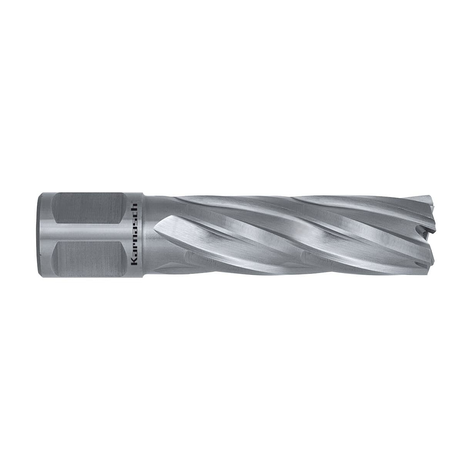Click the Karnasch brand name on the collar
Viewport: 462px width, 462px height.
(x=135, y=234)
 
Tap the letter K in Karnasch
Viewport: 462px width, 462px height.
(x=135, y=261)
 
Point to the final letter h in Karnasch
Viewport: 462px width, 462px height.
(x=135, y=207)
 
